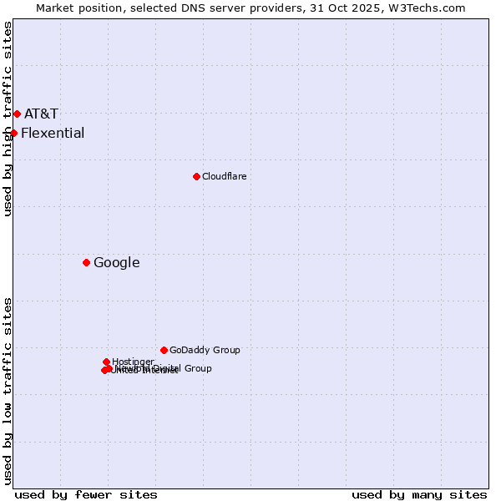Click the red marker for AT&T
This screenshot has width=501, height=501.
pos(17,114)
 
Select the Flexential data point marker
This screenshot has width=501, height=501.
pos(13,133)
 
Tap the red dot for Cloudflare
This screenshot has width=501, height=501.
pos(196,176)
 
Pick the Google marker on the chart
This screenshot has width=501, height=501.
pos(86,262)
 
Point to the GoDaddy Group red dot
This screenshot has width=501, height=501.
pos(164,350)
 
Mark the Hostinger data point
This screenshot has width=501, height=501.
pos(106,362)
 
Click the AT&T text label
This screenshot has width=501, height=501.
pos(41,114)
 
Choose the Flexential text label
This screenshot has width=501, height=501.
pos(53,133)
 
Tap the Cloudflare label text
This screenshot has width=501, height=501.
pos(224,176)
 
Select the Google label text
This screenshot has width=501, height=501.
pos(117,262)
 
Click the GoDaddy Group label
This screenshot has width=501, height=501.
pos(205,350)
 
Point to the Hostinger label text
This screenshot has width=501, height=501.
pos(133,362)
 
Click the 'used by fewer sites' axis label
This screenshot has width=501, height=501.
pos(86,494)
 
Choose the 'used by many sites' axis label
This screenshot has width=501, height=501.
pos(419,494)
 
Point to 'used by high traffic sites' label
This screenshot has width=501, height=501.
pos(8,119)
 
